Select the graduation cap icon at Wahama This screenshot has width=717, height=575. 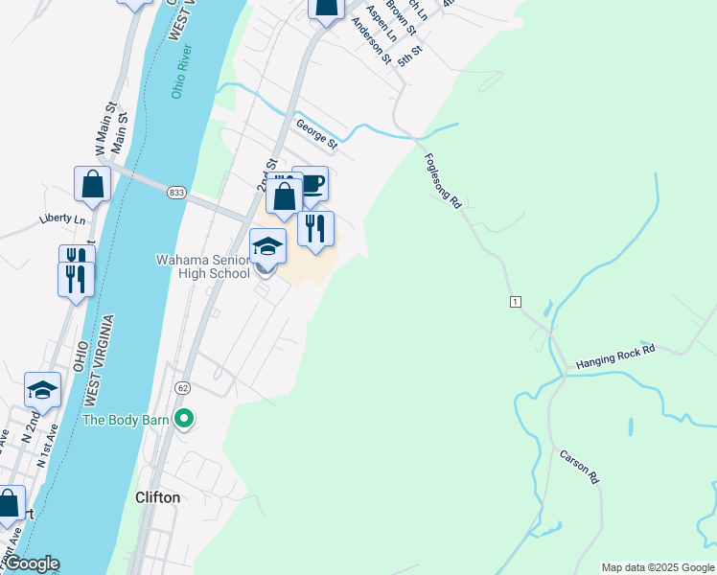[x=267, y=246]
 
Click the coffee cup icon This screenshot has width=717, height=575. [x=311, y=183]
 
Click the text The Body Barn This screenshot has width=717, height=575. [x=126, y=420]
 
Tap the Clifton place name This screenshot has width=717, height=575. [x=157, y=498]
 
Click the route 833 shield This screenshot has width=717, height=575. [x=175, y=193]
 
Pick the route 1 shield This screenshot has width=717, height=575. [x=516, y=302]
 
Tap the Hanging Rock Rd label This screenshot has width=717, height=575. [x=615, y=357]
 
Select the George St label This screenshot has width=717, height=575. [x=316, y=135]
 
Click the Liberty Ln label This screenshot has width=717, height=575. [x=62, y=218]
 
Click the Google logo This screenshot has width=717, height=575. [x=31, y=563]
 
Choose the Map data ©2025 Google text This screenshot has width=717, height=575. [x=657, y=567]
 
